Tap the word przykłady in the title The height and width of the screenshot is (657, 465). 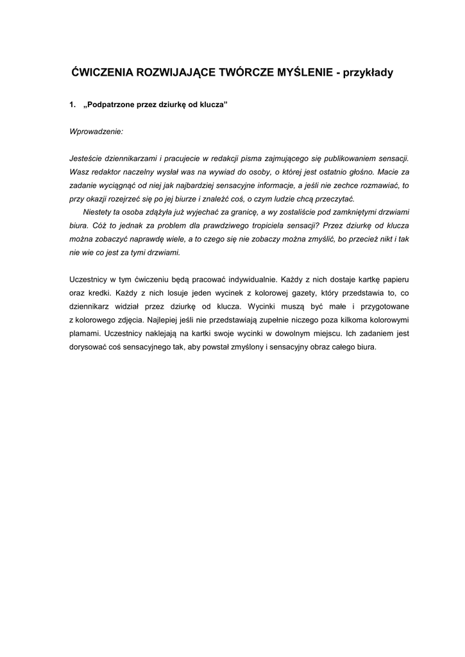point(369,73)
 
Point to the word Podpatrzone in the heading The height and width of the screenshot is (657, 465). point(110,105)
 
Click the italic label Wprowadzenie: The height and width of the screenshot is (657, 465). point(96,132)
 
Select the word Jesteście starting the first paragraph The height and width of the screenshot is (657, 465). point(87,158)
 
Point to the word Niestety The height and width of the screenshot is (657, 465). point(98,212)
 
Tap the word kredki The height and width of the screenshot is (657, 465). point(98,293)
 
